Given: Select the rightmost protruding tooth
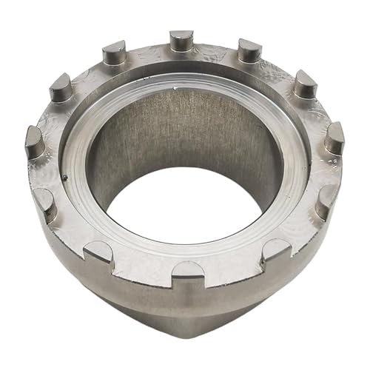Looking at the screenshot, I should (x=334, y=137).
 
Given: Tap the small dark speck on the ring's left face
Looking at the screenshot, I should (x=66, y=177).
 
